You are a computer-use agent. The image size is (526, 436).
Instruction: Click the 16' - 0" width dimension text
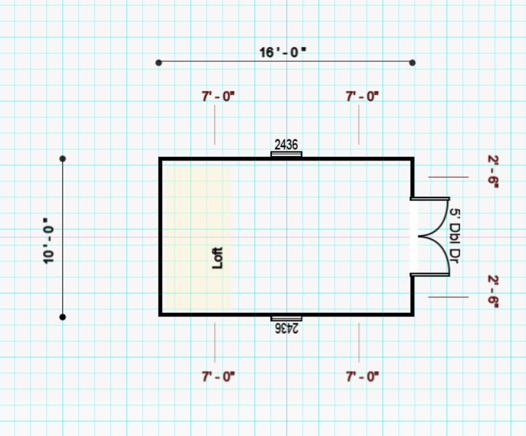click(283, 52)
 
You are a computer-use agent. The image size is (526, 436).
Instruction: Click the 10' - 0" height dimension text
click(49, 244)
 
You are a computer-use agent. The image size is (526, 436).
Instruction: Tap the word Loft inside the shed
click(218, 258)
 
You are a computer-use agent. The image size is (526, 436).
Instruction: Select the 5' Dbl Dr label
click(455, 237)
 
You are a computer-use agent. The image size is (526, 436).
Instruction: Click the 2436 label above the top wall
click(286, 145)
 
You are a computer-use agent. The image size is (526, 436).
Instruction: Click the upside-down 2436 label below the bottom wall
click(287, 328)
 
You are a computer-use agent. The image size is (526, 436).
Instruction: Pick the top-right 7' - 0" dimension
click(363, 97)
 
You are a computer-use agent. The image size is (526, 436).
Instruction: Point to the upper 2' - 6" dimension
click(493, 171)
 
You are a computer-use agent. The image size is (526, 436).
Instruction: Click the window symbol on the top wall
click(286, 154)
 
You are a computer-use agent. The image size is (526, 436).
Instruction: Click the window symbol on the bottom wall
click(286, 318)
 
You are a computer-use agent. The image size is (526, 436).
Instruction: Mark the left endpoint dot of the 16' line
click(159, 63)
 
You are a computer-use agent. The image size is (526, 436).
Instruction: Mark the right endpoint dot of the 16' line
click(413, 63)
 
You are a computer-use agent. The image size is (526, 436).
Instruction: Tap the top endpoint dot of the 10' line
click(63, 158)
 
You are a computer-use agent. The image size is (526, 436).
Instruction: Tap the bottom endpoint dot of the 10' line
click(63, 317)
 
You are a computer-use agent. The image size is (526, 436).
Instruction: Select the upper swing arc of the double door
click(435, 214)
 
